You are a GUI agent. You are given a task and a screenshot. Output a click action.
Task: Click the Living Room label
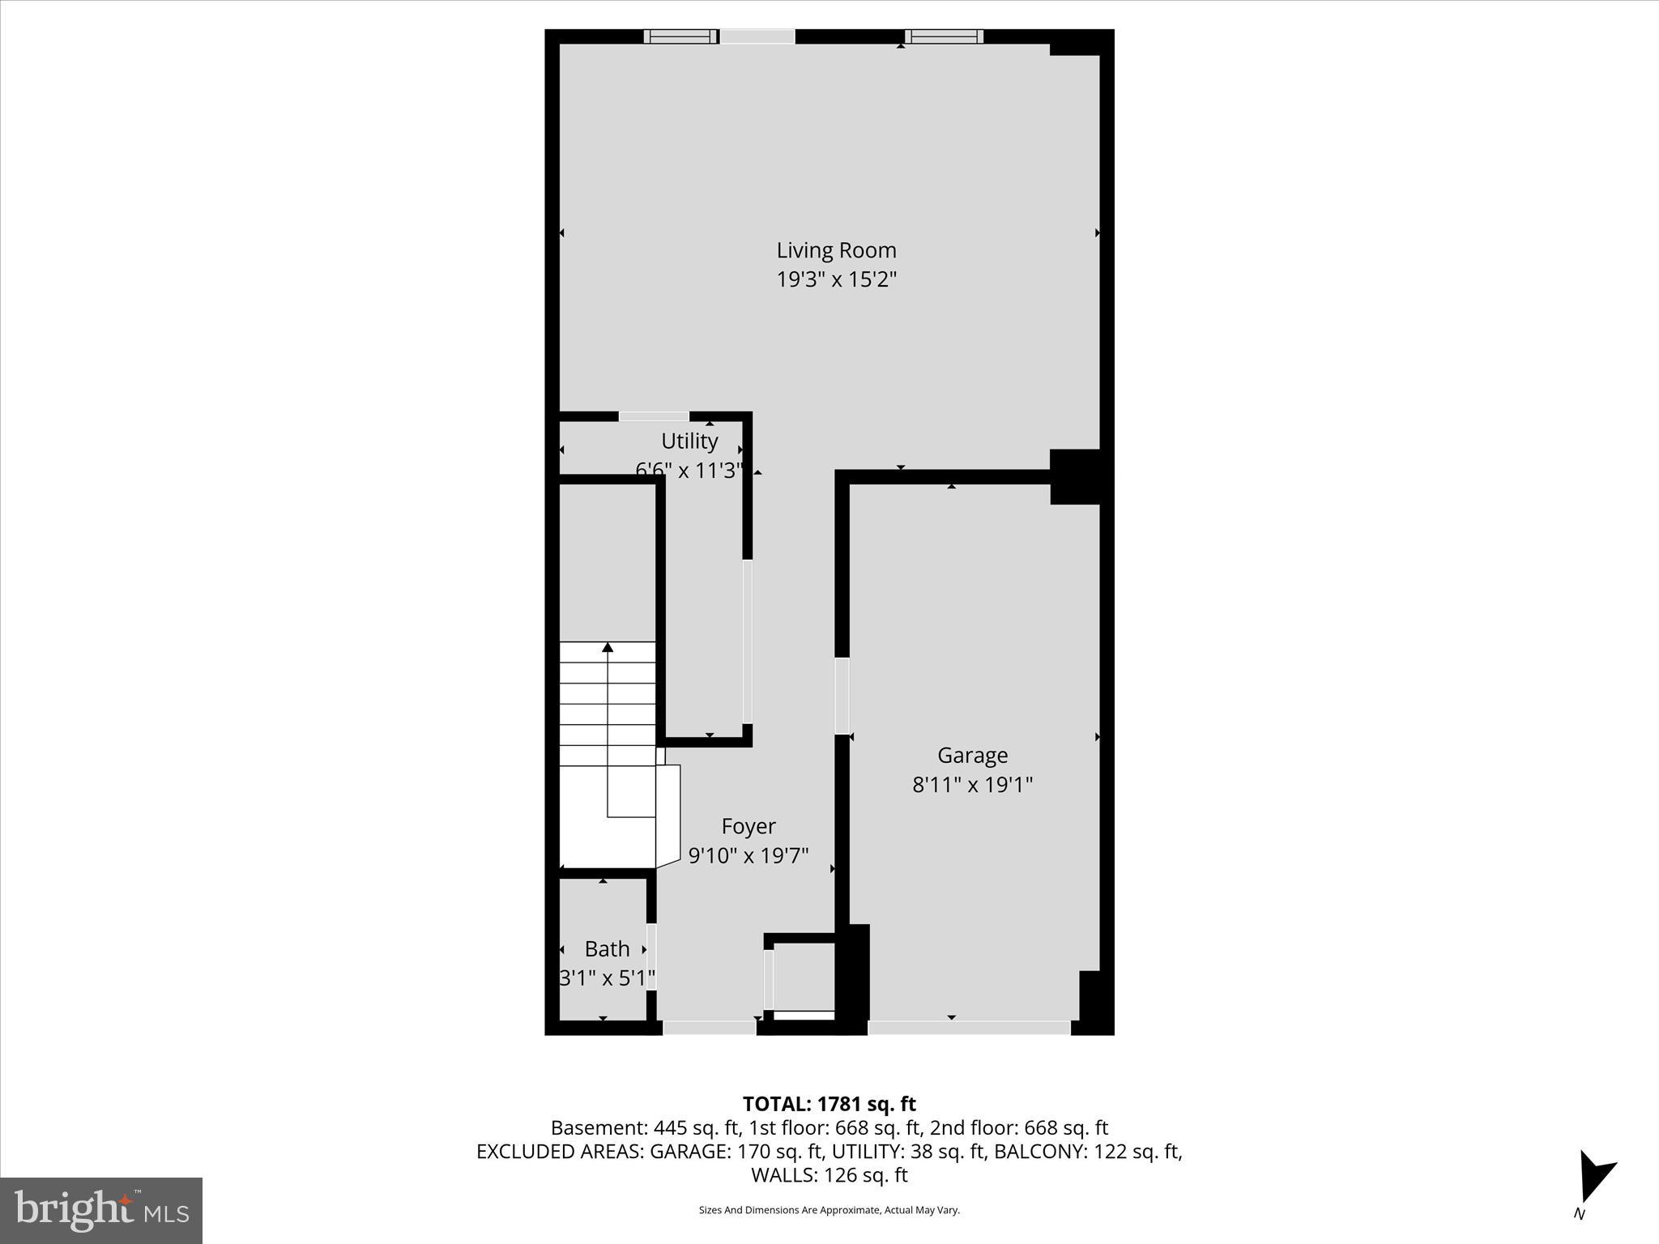pos(836,250)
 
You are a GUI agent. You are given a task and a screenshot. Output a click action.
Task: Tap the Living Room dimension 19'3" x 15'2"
pos(836,280)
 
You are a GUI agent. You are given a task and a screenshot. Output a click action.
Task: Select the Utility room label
pos(689,441)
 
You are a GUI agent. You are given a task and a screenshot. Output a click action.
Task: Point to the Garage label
pos(972,756)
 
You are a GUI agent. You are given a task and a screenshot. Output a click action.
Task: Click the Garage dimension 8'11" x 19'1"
pos(972,785)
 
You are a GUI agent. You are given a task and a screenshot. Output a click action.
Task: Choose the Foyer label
pos(748,827)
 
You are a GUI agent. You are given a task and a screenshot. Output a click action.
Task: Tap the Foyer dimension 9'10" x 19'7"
pos(748,856)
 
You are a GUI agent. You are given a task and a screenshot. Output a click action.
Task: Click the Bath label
pos(607,949)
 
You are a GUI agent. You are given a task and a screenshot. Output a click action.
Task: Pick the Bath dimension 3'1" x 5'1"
pos(607,978)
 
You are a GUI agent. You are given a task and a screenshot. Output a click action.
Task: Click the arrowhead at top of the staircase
pos(608,646)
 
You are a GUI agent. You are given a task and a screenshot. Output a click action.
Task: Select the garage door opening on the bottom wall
pos(969,1028)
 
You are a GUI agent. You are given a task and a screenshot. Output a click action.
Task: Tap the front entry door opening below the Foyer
pos(710,1028)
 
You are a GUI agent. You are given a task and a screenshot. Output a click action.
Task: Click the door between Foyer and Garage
pos(842,696)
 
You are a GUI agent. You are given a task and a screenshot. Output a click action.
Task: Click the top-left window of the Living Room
pos(680,36)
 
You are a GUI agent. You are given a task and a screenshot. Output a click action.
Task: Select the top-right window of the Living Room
pos(944,36)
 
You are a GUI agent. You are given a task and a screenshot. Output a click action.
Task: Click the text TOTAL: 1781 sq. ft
pos(829,1104)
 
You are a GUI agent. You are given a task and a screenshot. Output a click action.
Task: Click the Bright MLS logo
pos(101,1211)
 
